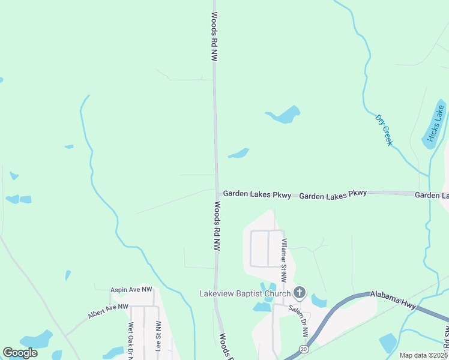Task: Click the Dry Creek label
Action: click(384, 130)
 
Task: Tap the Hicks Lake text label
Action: click(435, 127)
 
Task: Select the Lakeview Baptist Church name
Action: click(245, 293)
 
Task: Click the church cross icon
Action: click(300, 293)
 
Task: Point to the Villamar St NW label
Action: click(285, 260)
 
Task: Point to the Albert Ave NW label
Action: click(109, 310)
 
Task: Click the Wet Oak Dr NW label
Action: click(130, 340)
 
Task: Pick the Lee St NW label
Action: click(158, 340)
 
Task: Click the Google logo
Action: click(20, 353)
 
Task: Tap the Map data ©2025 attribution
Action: click(423, 355)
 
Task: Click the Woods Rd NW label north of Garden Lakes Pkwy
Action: click(213, 37)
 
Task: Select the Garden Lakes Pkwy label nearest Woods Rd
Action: click(257, 195)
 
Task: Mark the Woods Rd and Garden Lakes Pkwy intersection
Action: click(217, 191)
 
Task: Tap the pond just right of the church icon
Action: click(319, 302)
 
